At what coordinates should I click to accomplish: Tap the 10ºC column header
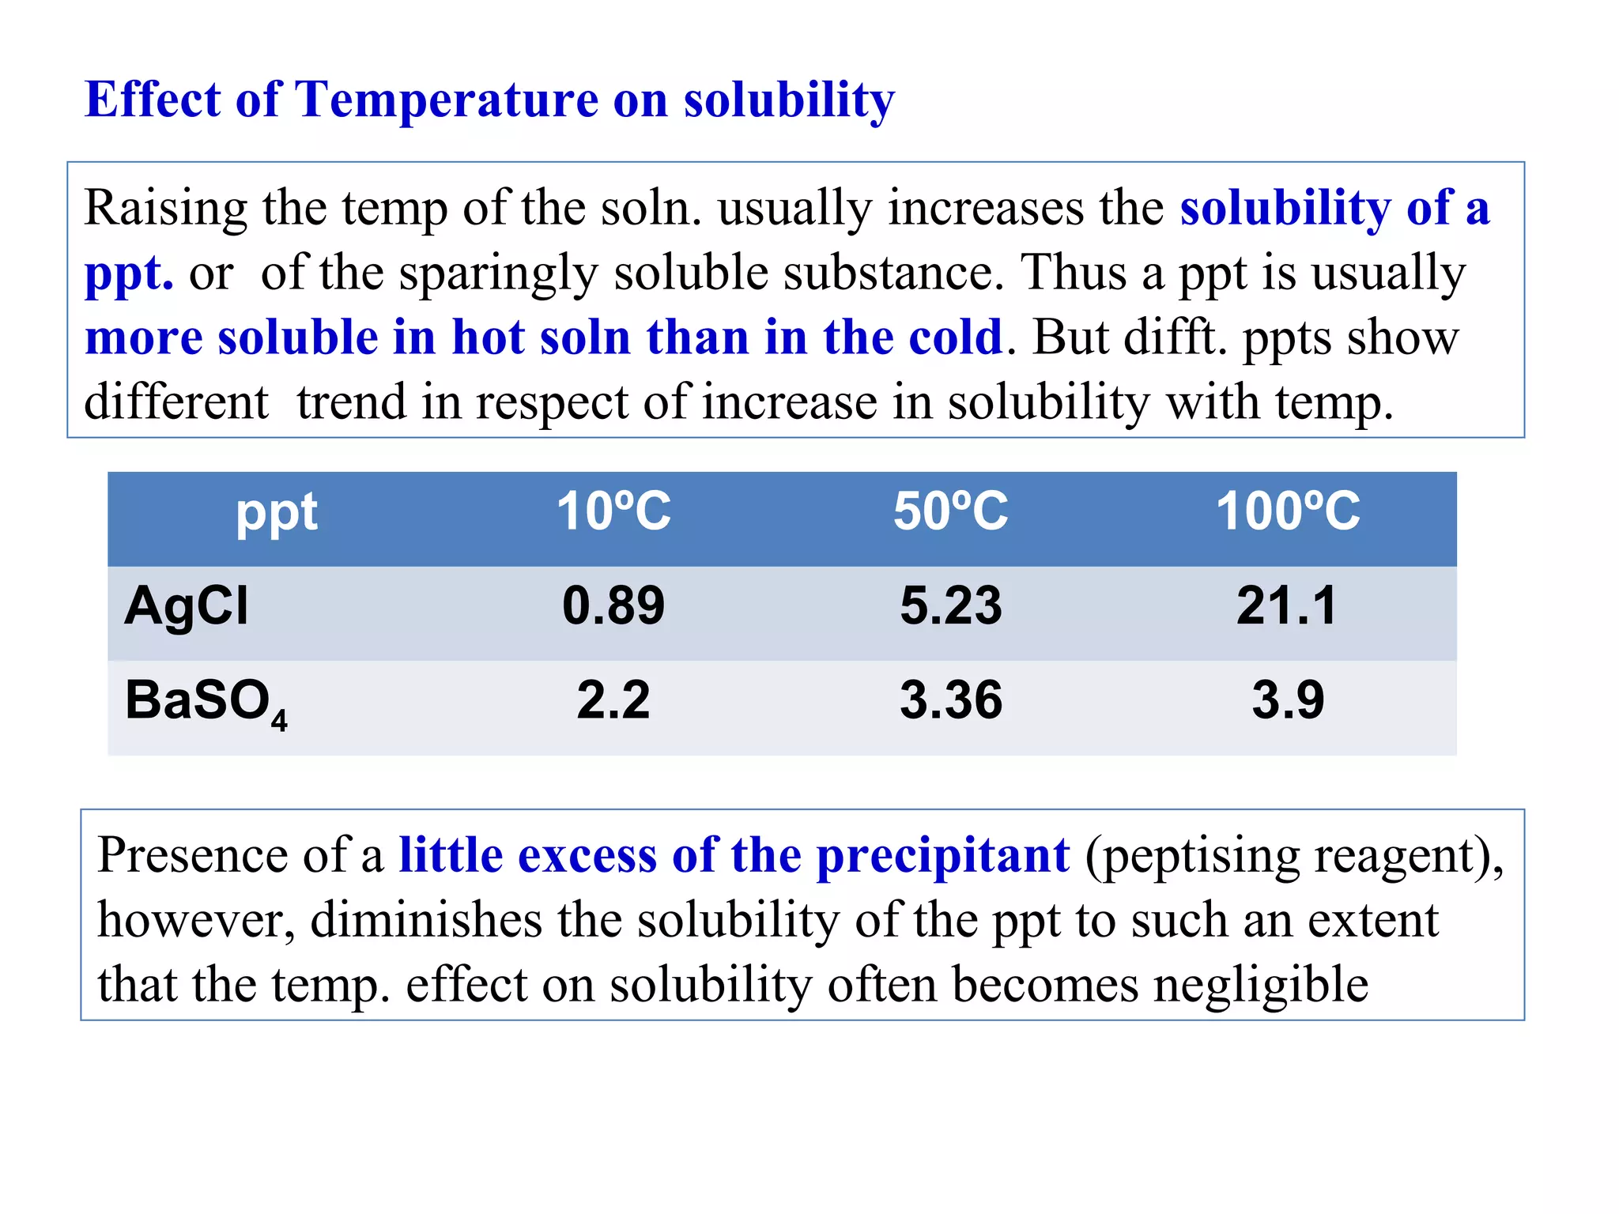tap(613, 511)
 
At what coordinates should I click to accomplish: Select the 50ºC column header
tap(950, 511)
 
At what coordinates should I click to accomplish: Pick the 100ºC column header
tap(1288, 511)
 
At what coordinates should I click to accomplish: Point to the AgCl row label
tap(187, 606)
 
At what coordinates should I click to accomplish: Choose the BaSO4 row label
tap(206, 702)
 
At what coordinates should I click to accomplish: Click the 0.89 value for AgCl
tap(613, 606)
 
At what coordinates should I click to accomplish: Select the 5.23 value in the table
tap(950, 606)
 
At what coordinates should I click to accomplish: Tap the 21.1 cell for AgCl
tap(1287, 606)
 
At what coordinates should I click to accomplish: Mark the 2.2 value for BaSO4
tap(613, 700)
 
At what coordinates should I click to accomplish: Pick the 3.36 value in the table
tap(950, 700)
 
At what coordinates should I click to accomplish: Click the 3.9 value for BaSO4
tap(1288, 700)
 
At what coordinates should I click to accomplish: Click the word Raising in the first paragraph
tap(165, 209)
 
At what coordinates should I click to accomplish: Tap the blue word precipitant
tap(943, 855)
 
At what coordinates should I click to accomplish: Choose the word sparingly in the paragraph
tap(498, 274)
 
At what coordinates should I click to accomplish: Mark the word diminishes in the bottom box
tap(426, 920)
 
